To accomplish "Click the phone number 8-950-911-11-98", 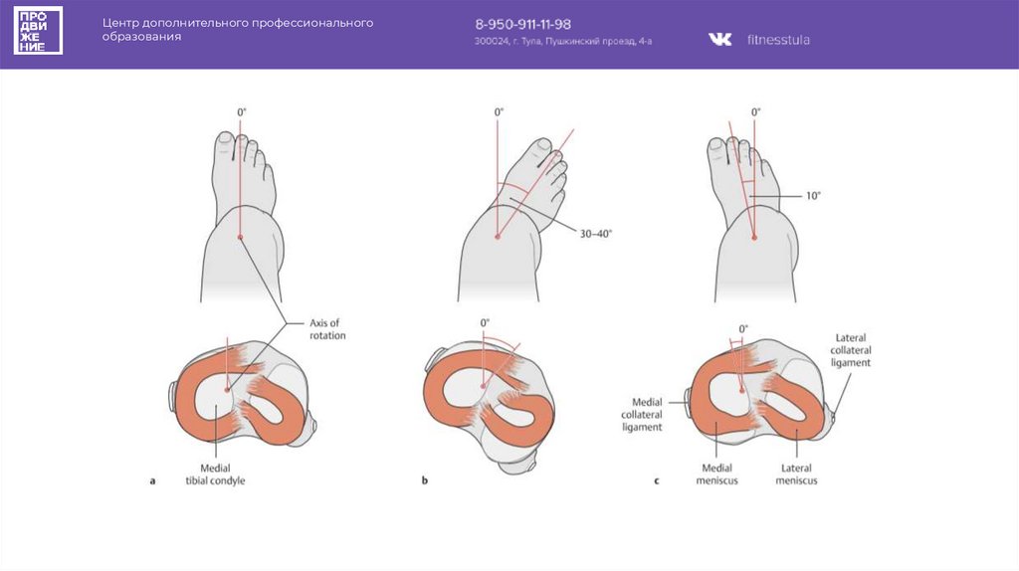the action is click(521, 24).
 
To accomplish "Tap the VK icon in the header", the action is click(719, 40).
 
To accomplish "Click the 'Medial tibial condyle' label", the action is click(214, 474).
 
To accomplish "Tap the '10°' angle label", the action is click(813, 196).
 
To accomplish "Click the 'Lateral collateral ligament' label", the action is click(852, 351).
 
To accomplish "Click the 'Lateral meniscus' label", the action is click(796, 474).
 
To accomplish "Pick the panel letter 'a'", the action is click(152, 480).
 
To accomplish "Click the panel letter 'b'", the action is click(425, 480).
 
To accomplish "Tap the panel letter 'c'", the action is click(657, 480).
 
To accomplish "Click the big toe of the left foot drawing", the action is click(228, 146).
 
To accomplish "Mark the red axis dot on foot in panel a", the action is click(241, 237).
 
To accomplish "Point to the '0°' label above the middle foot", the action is click(499, 112).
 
